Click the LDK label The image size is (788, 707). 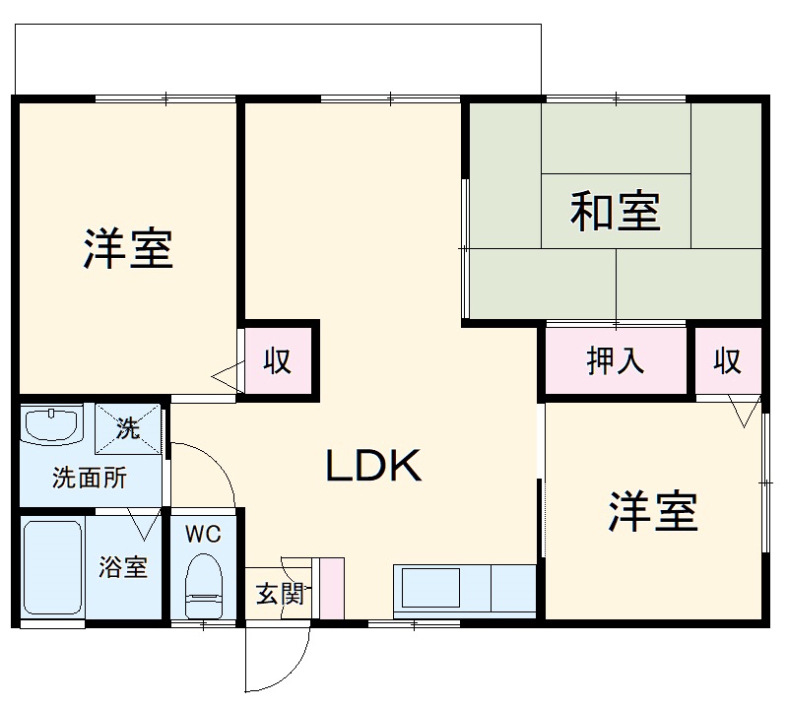(x=374, y=467)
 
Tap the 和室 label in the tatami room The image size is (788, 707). (x=616, y=211)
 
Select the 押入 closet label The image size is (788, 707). (x=616, y=361)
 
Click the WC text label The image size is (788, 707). (x=203, y=535)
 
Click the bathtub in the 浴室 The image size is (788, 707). (x=52, y=567)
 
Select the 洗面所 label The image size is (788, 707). (x=89, y=479)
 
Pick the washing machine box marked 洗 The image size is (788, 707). (x=129, y=427)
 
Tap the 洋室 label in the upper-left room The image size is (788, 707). (x=127, y=248)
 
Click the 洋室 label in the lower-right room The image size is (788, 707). (x=652, y=510)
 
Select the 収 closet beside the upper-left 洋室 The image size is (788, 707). (x=279, y=361)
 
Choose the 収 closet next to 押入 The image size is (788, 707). (x=727, y=361)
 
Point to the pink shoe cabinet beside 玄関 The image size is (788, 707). (x=331, y=588)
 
